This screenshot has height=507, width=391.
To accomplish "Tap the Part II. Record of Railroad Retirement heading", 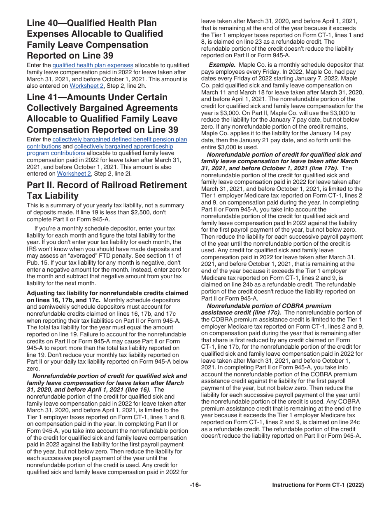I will point(107,190).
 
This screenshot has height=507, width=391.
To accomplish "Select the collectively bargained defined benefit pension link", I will point(119,139).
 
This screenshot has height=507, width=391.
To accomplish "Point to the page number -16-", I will point(195,485).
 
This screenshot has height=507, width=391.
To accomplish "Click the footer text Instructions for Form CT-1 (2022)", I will point(318,485).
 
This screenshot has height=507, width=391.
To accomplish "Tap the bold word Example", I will point(222,65).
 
